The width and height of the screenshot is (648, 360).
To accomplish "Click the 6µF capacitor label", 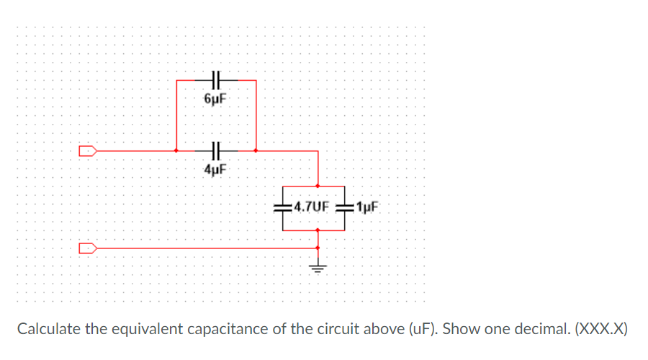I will click(x=216, y=99).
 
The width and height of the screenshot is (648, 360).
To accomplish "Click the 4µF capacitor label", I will click(x=216, y=170).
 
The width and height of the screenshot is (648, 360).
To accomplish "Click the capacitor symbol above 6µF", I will click(x=216, y=80).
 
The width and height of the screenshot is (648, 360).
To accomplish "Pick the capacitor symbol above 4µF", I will click(x=216, y=151).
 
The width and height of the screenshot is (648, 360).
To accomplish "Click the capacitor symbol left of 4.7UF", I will click(x=281, y=207).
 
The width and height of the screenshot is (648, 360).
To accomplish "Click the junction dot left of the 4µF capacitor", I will click(x=177, y=151).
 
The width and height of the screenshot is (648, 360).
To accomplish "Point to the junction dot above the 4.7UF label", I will click(x=318, y=185).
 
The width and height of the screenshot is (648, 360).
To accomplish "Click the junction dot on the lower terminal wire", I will click(x=318, y=248).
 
